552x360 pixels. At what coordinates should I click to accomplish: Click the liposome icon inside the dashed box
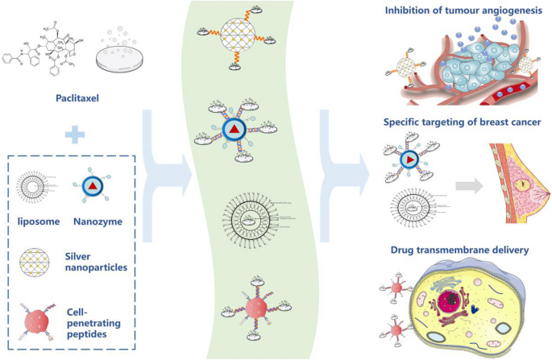tap(38, 189)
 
